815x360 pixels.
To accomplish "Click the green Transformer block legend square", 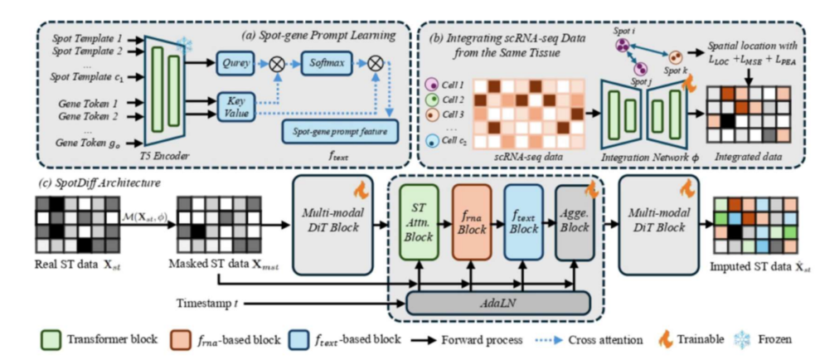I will pyautogui.click(x=47, y=339).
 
